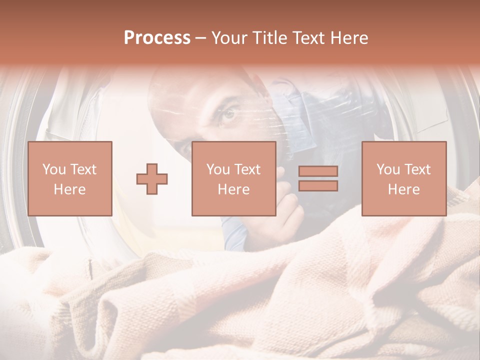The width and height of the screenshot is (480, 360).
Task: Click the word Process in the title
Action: (x=157, y=38)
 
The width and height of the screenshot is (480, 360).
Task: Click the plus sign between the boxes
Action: (x=152, y=179)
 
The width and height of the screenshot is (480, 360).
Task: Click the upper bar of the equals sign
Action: (x=318, y=171)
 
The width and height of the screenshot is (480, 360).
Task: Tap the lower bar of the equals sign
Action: (x=318, y=186)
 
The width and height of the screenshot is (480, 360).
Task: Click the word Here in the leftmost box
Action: (x=69, y=189)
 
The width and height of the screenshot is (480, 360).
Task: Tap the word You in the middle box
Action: (x=218, y=169)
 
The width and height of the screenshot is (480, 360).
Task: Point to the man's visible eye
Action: (x=228, y=114)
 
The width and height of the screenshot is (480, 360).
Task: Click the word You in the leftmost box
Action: (x=54, y=169)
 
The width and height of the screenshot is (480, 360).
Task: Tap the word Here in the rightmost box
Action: (x=403, y=189)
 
